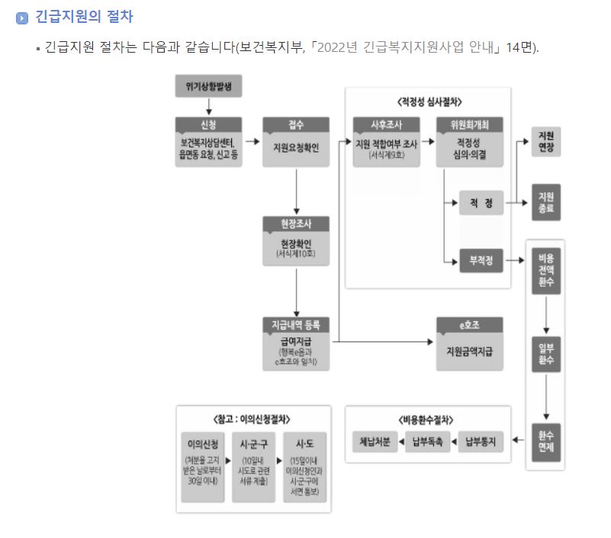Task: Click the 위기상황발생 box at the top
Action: coord(208,87)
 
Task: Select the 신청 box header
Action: coord(208,124)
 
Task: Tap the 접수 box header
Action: coord(295,124)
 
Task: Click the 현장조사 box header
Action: coord(295,224)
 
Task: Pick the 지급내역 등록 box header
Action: coord(295,324)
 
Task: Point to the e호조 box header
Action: coord(469,324)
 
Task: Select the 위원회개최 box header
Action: coord(469,124)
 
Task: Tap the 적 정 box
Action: coord(481,203)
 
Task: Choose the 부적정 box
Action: coord(481,261)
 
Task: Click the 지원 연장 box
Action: coord(546,140)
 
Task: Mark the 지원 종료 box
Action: coord(546,202)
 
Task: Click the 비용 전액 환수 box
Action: coord(546,270)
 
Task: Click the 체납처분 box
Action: coord(375,441)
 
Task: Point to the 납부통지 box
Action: coord(481,441)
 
